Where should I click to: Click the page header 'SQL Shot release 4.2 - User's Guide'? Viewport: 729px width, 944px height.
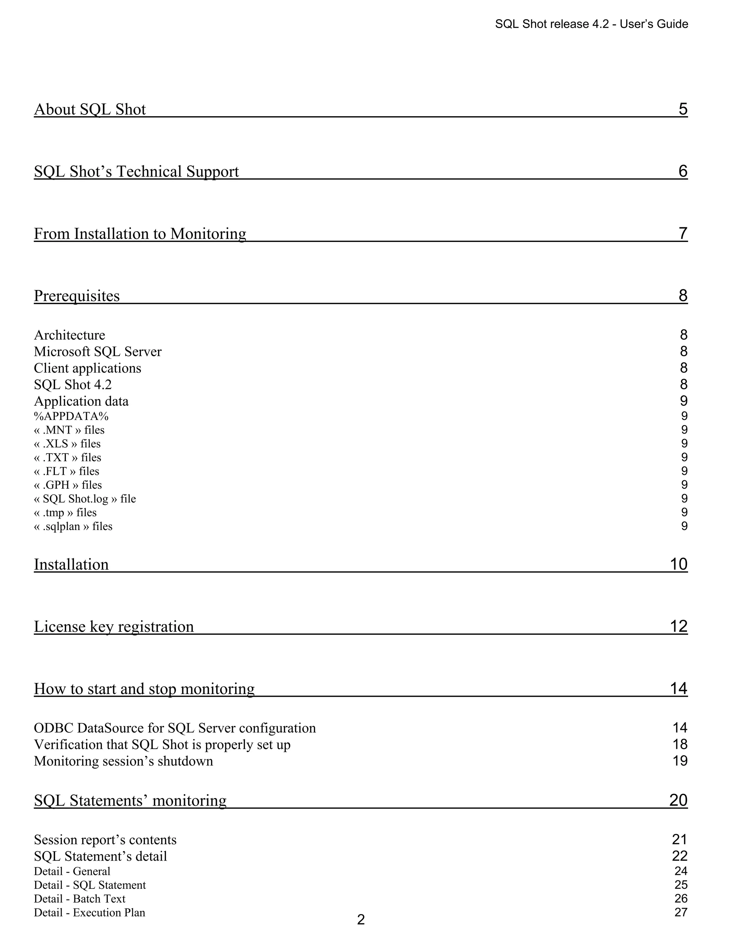tap(591, 24)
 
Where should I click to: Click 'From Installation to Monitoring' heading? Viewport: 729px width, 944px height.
tap(140, 234)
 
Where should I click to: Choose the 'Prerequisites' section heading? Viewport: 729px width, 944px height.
tap(77, 296)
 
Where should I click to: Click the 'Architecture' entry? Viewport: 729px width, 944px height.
tap(69, 335)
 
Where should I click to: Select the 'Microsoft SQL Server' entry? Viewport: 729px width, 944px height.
tap(98, 351)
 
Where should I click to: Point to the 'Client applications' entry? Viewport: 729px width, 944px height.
tap(88, 368)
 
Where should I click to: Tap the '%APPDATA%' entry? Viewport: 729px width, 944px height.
tap(71, 416)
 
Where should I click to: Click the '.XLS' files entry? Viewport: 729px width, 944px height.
tap(67, 444)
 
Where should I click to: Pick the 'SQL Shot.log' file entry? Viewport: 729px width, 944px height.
tap(85, 499)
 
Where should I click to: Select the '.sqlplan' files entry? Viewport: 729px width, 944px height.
tap(73, 527)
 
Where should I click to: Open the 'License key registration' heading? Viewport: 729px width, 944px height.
tap(114, 627)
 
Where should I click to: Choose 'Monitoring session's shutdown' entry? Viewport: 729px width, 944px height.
tap(124, 761)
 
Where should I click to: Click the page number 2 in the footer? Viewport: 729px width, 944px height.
tap(361, 919)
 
